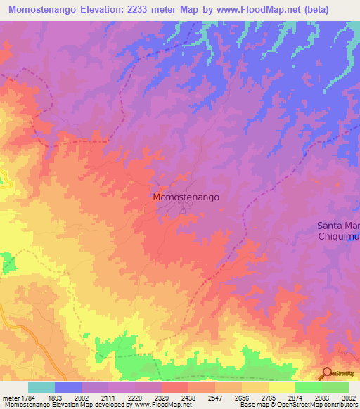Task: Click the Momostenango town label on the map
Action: coord(186,198)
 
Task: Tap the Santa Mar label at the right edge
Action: coord(338,226)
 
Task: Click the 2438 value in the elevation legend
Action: coord(175,397)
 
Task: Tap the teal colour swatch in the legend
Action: coord(41,387)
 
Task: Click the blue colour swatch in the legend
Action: coord(68,387)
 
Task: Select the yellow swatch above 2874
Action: coord(282,387)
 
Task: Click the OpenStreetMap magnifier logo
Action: coord(326,373)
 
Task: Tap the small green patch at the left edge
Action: coord(8,265)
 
